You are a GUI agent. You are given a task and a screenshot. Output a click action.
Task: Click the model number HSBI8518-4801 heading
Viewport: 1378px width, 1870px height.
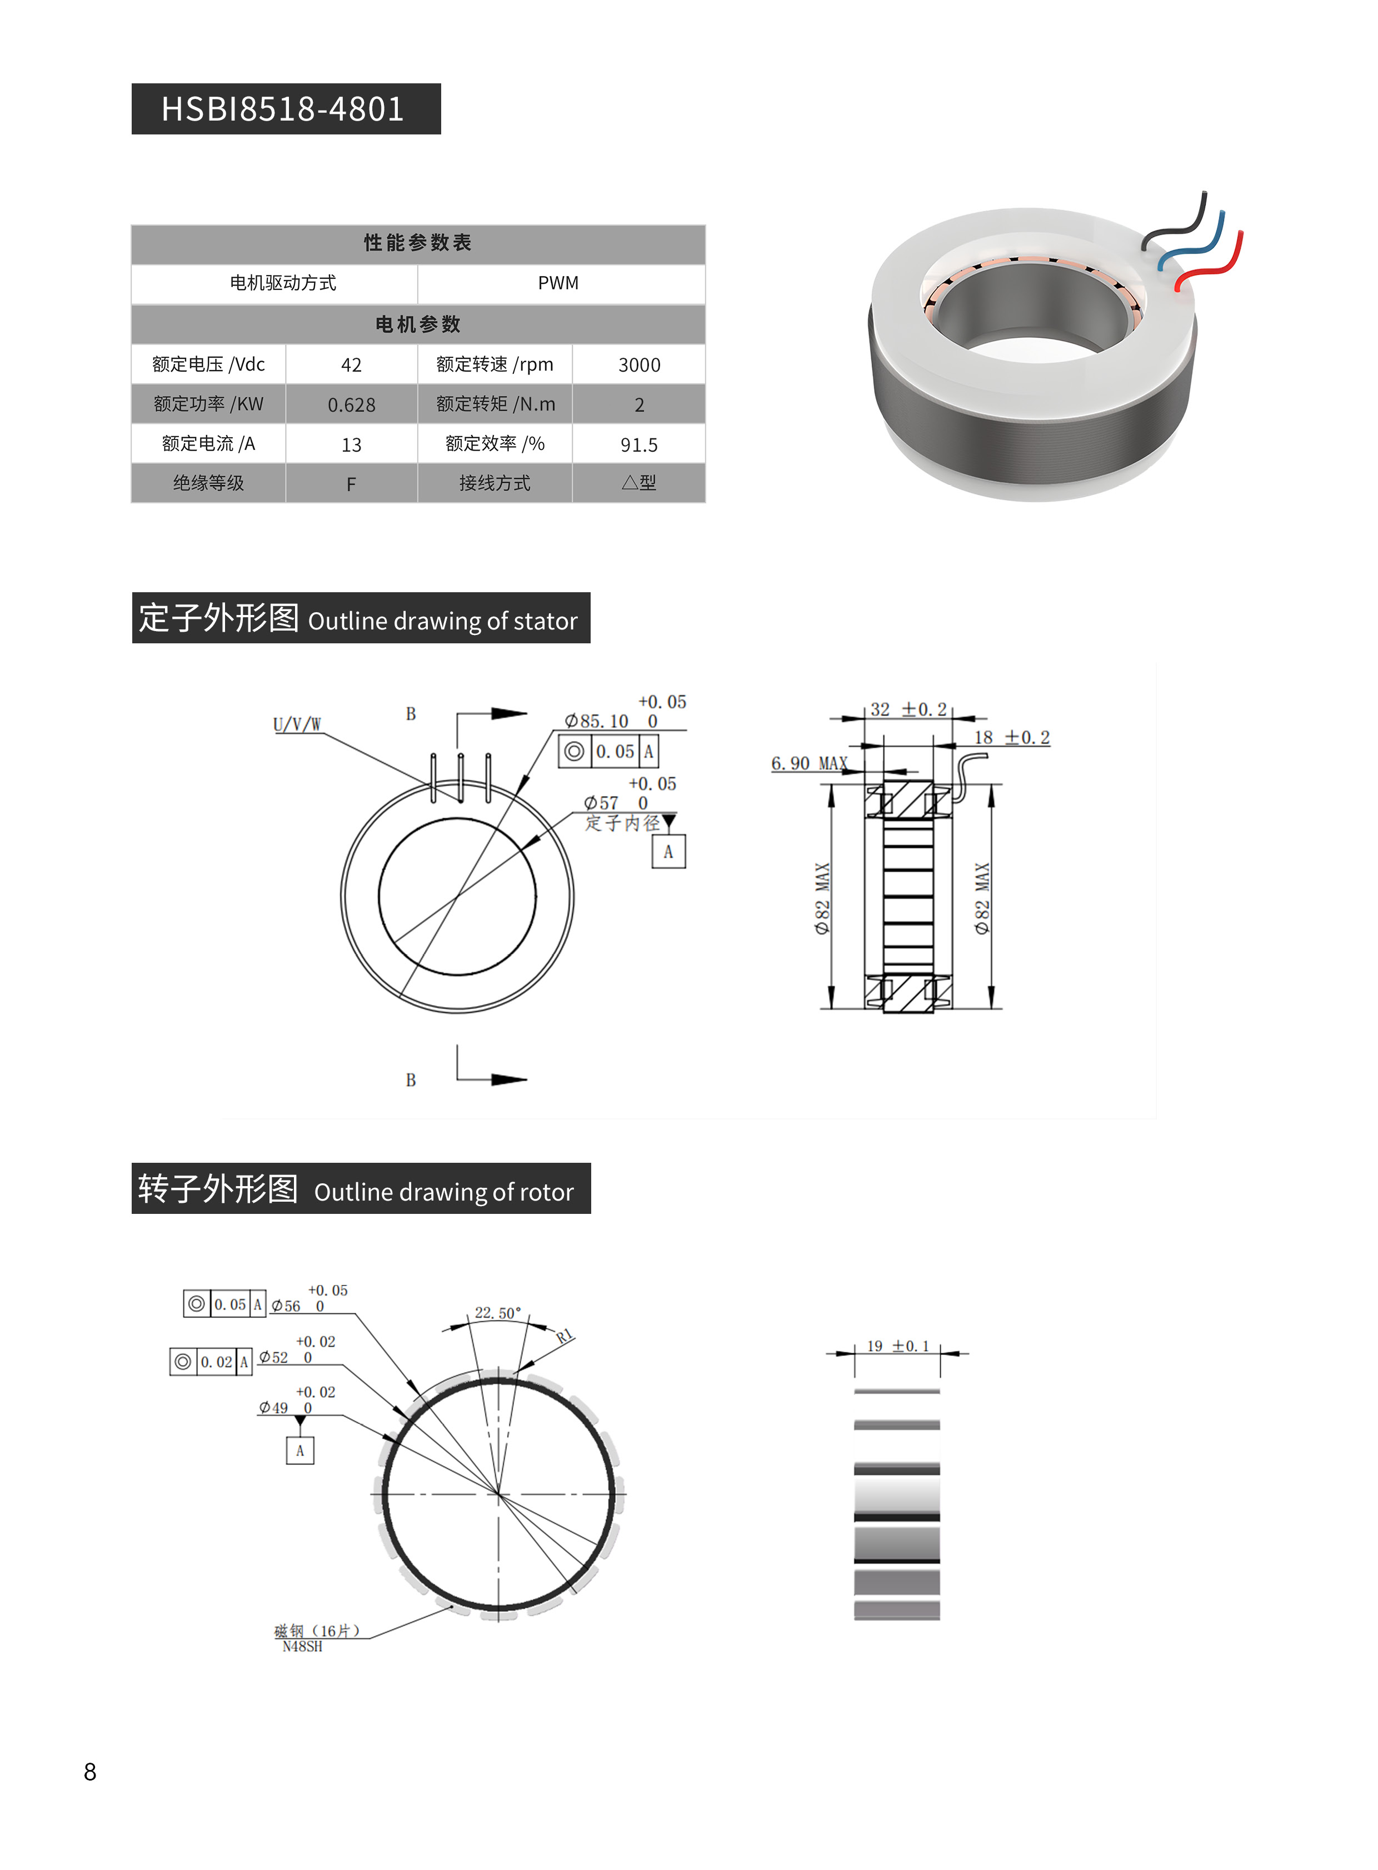pos(283,109)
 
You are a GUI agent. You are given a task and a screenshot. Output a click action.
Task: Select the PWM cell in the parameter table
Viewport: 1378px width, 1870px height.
pos(558,283)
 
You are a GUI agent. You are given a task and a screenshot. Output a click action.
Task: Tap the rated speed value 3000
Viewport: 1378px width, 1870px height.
pos(639,364)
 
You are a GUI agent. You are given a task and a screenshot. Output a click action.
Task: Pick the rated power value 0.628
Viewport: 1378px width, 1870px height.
pos(351,404)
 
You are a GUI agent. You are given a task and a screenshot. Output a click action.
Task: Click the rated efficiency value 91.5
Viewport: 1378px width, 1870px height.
pos(639,444)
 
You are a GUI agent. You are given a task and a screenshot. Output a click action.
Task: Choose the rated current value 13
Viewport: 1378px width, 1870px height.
pos(351,444)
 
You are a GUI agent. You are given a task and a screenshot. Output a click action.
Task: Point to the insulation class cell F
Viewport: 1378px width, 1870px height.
pos(351,484)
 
